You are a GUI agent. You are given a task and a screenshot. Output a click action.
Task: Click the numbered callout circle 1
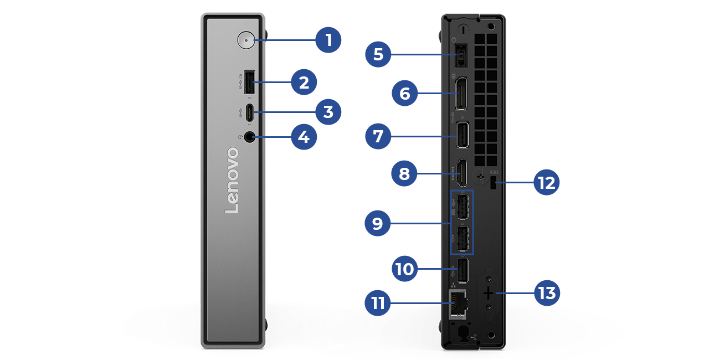[328, 40]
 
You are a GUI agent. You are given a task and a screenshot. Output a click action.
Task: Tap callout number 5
[378, 54]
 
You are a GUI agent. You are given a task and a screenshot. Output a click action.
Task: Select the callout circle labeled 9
[378, 223]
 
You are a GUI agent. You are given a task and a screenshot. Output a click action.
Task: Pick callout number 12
[547, 183]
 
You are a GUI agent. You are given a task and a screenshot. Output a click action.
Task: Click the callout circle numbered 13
[547, 293]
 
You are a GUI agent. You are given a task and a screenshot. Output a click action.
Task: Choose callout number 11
[378, 304]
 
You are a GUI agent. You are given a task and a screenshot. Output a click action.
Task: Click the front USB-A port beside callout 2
[249, 83]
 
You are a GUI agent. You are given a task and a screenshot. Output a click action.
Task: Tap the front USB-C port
[249, 113]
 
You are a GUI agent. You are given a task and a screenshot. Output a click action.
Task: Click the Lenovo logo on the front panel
[232, 181]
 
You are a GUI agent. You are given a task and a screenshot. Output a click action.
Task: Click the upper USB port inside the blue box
[463, 206]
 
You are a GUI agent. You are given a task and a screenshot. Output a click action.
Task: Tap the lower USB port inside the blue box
[463, 239]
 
